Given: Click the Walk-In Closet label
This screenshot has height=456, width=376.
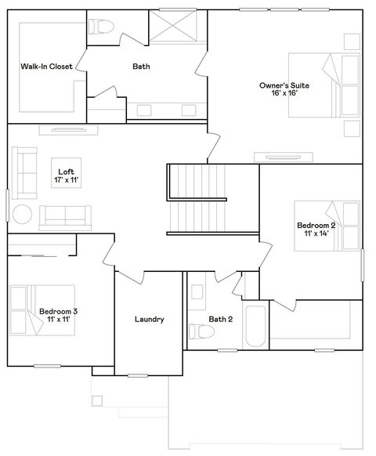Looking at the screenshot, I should pos(47,67).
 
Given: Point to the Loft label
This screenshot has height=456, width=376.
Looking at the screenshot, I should pos(66,172).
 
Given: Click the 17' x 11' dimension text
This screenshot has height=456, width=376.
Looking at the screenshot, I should pos(66,180).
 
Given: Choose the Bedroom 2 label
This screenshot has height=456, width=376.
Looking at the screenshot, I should pos(316,226).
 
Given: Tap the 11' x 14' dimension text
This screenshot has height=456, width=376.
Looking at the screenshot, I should pos(316,234).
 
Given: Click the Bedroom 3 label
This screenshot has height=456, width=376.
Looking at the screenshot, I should pos(58,311).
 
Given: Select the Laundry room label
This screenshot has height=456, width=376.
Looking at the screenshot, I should pos(149,319).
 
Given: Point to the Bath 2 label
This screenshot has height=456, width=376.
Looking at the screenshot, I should pos(220,319).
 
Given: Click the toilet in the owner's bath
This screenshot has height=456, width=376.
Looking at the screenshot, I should pos(100,28).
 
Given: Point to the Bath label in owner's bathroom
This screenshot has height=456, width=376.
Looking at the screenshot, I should pos(141,67).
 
